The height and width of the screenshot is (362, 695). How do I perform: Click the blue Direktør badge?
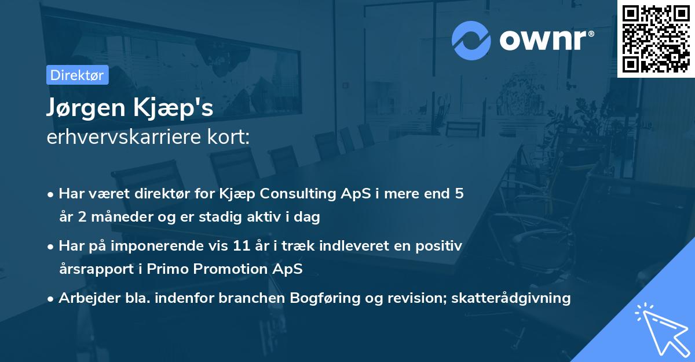coord(77,75)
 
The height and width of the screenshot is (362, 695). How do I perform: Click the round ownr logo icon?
coord(471,41)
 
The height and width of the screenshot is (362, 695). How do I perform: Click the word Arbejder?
coord(85,298)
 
